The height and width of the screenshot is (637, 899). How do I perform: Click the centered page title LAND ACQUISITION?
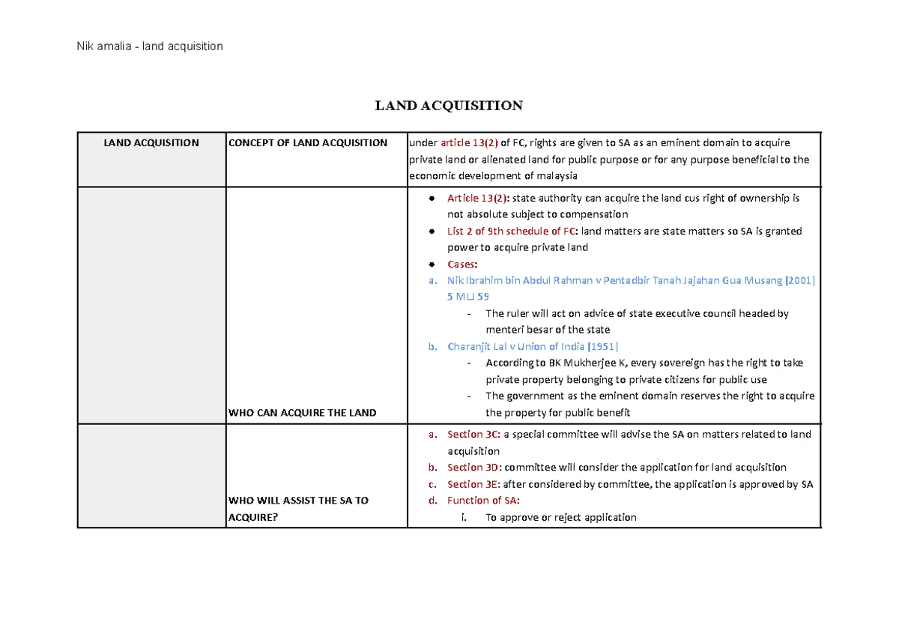click(x=449, y=106)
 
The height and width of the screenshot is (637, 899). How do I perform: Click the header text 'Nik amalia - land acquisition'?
click(x=150, y=46)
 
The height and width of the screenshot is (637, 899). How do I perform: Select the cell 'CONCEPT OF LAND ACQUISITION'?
click(x=308, y=143)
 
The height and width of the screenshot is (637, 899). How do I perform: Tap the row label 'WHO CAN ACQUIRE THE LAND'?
click(x=302, y=413)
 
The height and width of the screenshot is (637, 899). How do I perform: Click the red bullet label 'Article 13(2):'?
click(x=477, y=199)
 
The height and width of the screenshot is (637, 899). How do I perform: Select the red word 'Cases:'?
click(x=462, y=265)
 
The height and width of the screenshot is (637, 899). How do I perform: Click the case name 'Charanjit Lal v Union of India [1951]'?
click(x=533, y=347)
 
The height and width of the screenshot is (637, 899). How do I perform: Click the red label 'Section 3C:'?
click(x=473, y=435)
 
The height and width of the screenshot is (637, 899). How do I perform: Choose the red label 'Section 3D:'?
click(x=474, y=468)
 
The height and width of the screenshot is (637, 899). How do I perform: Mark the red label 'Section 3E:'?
click(x=473, y=484)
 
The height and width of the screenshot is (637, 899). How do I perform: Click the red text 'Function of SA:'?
click(x=483, y=501)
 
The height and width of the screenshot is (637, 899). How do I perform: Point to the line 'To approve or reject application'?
click(x=560, y=517)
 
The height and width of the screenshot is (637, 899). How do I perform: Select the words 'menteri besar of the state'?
click(x=548, y=330)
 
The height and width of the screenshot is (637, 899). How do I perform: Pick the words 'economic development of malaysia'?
click(x=492, y=176)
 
